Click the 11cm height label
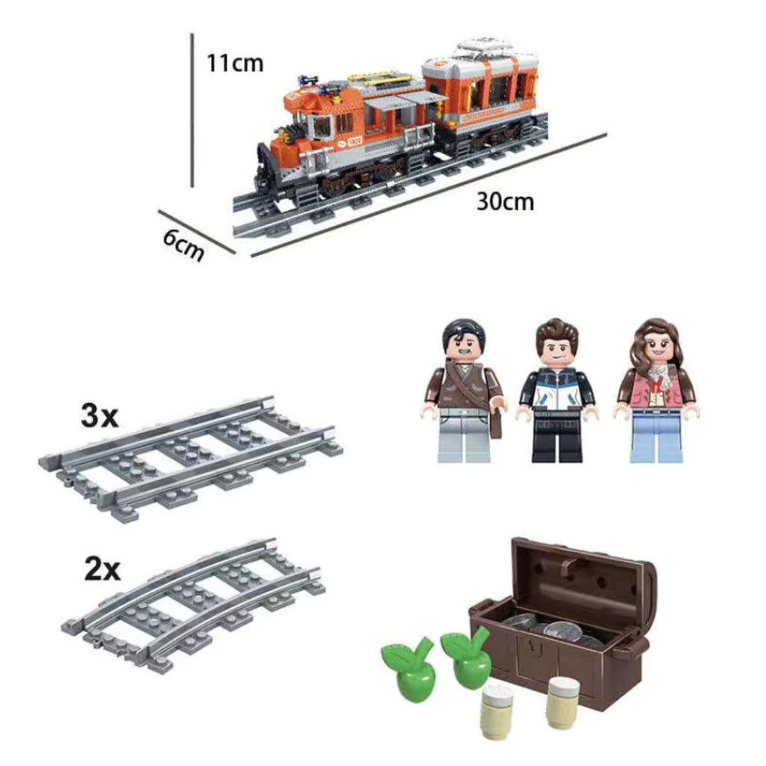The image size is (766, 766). [235, 64]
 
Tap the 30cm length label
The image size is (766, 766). [505, 201]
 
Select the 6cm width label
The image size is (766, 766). [183, 245]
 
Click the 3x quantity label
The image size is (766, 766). [99, 417]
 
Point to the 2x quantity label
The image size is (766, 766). [102, 569]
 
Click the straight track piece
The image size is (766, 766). [191, 459]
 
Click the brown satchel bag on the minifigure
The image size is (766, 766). [496, 423]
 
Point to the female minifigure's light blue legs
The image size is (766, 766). [656, 436]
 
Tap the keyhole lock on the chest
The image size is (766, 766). [536, 649]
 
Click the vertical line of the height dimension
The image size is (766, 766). [192, 111]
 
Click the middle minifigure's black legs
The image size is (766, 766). [557, 437]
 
